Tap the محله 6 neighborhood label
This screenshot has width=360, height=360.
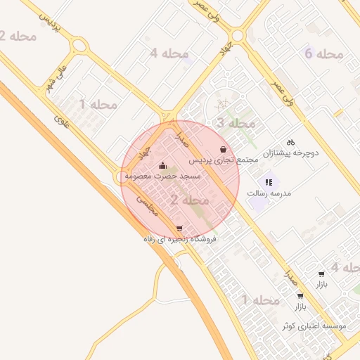coord(324,53)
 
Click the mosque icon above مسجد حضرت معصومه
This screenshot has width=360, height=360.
coord(164,166)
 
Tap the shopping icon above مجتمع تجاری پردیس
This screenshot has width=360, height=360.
coord(224,150)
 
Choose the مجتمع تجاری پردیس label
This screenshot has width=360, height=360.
coord(224,160)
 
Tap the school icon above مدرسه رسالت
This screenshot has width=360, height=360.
coord(269,181)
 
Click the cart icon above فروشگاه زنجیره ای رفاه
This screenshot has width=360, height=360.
coord(180,229)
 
